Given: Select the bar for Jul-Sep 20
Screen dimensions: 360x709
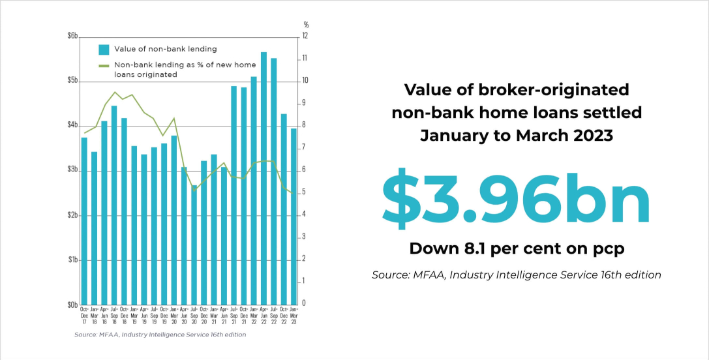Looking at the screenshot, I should pos(194,245).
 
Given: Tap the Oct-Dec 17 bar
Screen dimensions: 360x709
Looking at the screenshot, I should pos(84,221).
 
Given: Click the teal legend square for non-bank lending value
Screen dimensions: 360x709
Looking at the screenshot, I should pos(103,49).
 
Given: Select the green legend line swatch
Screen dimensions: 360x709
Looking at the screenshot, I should pos(103,65).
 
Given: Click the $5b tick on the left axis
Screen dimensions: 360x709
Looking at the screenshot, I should pos(72,81).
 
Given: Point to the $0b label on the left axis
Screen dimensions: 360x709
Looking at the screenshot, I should pos(72,305).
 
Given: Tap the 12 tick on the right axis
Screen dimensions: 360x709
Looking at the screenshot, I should pos(304,36).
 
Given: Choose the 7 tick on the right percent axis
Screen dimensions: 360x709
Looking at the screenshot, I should pos(303,148).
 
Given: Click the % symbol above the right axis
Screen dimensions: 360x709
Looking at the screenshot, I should pos(306,25).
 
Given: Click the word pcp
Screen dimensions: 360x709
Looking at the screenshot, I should pos(609,248).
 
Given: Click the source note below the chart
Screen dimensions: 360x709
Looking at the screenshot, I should pos(160,335).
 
